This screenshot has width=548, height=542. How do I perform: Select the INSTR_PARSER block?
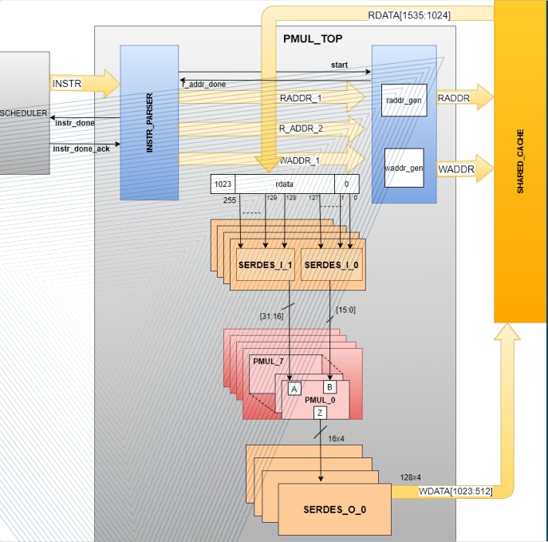pos(149,122)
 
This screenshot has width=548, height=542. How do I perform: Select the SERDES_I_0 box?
pos(332,263)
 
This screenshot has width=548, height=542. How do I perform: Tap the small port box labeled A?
pos(294,389)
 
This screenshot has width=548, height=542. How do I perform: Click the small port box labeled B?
pos(329,386)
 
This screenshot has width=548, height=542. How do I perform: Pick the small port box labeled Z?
pos(320,412)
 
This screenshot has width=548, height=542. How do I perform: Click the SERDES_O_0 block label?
pos(334,509)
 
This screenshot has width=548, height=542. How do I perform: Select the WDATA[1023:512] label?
pos(455,491)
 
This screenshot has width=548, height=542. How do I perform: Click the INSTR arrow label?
pos(66,83)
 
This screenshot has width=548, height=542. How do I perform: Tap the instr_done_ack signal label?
pos(81,148)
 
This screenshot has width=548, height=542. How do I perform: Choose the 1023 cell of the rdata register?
pos(223,184)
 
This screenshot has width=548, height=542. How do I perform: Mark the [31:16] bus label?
pos(270,316)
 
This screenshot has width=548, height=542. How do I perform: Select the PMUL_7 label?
pos(269,361)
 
